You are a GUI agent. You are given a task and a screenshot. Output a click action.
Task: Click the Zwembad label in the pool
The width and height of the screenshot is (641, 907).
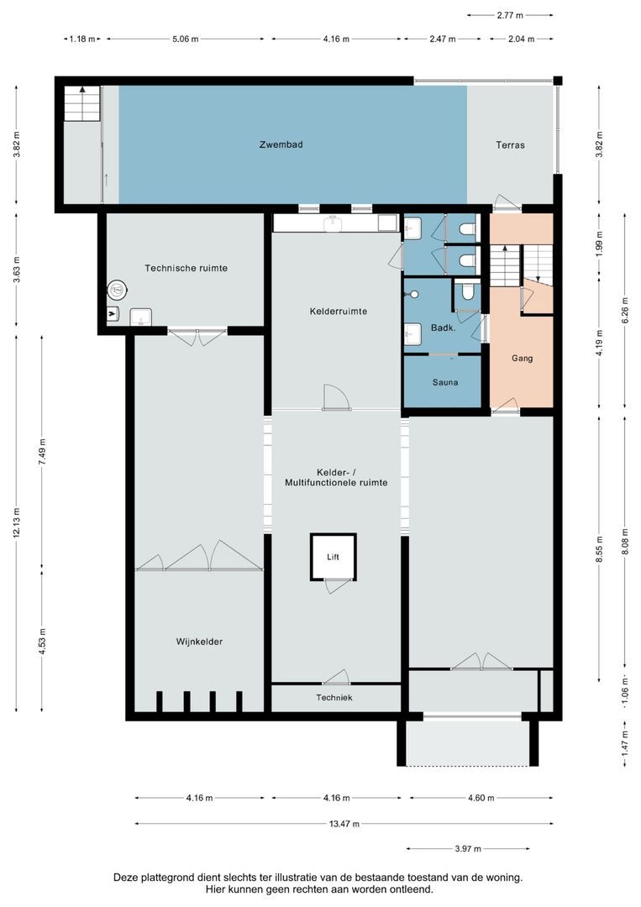pyautogui.click(x=281, y=144)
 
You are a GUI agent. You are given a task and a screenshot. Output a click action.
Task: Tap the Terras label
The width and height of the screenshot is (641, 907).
pyautogui.click(x=510, y=144)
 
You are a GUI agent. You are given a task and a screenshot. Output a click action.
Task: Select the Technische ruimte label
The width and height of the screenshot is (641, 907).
pyautogui.click(x=186, y=268)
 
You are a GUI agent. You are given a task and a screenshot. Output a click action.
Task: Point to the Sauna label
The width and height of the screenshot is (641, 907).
pyautogui.click(x=444, y=382)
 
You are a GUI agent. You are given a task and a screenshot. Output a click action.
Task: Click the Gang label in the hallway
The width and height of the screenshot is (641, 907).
pyautogui.click(x=522, y=358)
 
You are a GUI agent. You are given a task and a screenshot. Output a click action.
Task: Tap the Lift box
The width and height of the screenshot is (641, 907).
pyautogui.click(x=334, y=557)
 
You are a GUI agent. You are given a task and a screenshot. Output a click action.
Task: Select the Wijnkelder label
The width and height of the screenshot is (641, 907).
pyautogui.click(x=199, y=642)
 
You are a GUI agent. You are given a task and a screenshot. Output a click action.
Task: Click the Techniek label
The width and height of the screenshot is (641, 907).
pyautogui.click(x=334, y=698)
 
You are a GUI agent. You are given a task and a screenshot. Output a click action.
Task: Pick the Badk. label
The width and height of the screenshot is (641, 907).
pyautogui.click(x=443, y=328)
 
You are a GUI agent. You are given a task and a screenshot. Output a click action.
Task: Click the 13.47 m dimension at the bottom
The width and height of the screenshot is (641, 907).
pyautogui.click(x=344, y=824)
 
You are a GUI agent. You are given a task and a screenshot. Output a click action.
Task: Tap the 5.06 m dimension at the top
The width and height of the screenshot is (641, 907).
pyautogui.click(x=186, y=39)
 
